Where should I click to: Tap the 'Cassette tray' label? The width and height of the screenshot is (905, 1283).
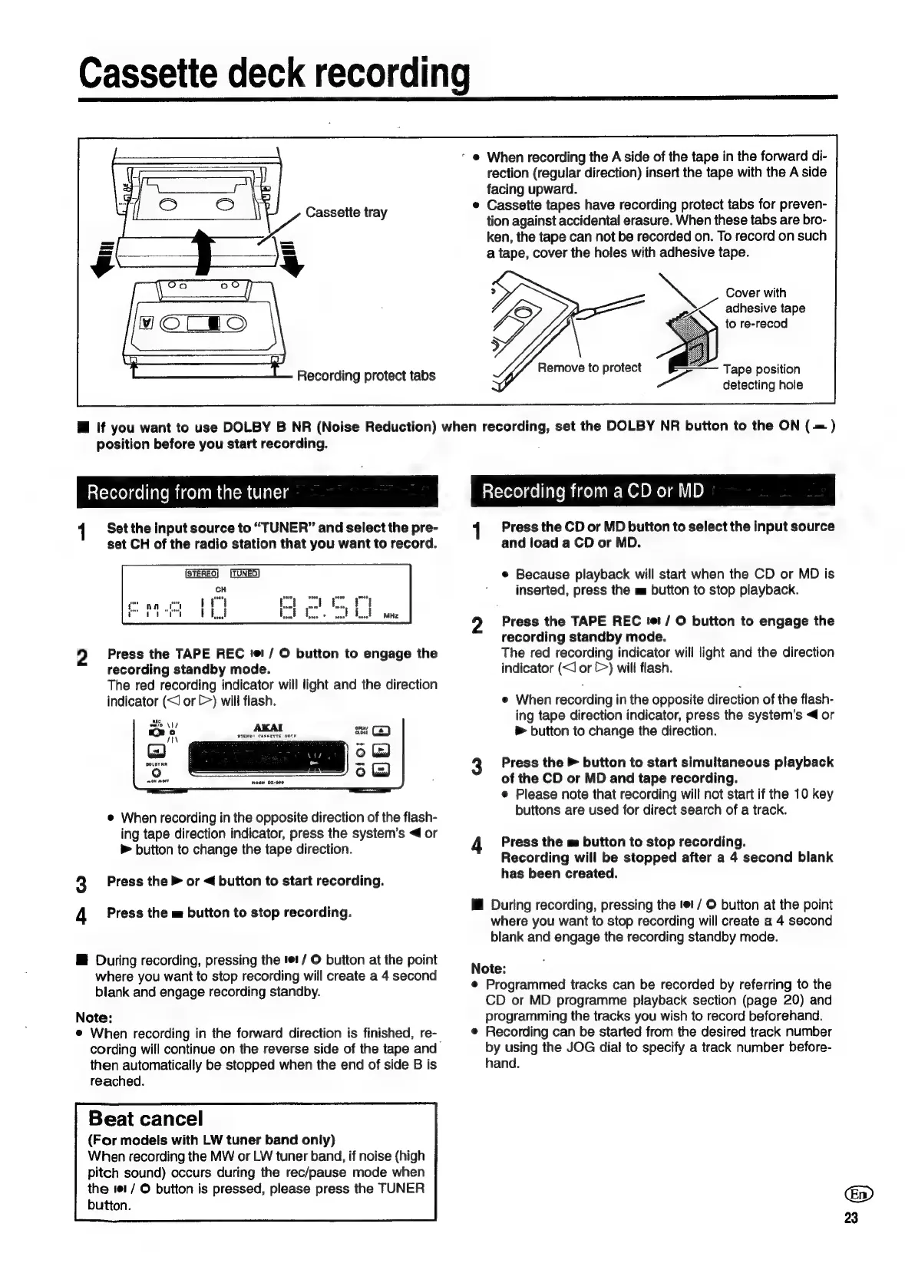coord(346,212)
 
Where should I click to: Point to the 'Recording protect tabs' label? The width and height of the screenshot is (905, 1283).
coord(365,375)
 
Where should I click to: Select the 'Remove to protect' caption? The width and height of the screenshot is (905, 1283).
coord(589,368)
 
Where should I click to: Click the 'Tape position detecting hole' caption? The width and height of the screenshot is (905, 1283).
coord(761,377)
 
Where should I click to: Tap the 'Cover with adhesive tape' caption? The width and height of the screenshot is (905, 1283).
coord(765,308)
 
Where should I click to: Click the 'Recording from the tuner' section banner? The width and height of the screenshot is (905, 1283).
coord(188,492)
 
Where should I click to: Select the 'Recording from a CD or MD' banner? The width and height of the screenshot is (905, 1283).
coord(593,491)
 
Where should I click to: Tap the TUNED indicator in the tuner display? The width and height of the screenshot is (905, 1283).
coord(245,572)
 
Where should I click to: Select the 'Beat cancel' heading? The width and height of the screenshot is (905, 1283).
coord(146,1118)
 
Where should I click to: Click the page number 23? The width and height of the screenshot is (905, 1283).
coord(851,1218)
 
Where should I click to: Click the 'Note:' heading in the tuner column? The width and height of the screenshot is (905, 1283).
coord(94,1017)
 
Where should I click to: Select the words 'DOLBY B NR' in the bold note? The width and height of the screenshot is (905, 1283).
coord(267,427)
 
